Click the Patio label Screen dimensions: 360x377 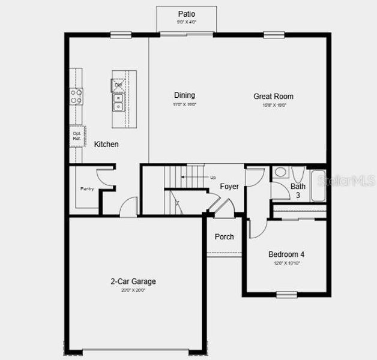(x=187, y=14)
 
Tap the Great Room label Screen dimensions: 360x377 (x=273, y=96)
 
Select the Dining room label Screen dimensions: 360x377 (x=184, y=95)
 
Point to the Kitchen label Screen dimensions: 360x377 (x=106, y=145)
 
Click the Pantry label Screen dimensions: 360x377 (x=87, y=189)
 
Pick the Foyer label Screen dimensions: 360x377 (x=229, y=187)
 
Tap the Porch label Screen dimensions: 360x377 (x=225, y=237)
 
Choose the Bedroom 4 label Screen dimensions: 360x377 (x=286, y=254)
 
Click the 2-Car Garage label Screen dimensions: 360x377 (x=133, y=281)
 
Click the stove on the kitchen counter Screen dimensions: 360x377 (x=77, y=96)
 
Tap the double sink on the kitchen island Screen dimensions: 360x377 (x=119, y=103)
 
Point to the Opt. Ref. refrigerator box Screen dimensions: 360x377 (x=77, y=136)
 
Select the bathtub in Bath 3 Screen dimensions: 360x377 (x=316, y=179)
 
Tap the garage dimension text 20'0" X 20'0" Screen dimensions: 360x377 (x=133, y=290)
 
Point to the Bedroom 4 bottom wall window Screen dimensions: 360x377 (x=286, y=294)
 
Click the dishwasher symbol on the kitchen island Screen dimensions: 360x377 (x=119, y=85)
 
